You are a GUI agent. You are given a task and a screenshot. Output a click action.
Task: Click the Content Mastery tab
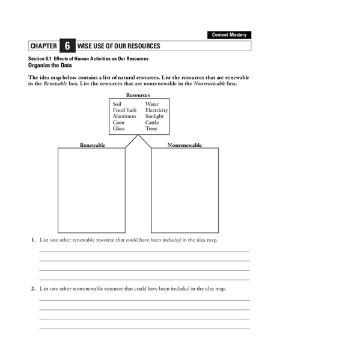230,35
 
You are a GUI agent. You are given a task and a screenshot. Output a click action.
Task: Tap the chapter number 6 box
67,46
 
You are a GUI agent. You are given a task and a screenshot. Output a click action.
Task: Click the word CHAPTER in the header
43,46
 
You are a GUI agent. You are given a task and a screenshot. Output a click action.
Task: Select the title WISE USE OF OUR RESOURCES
118,46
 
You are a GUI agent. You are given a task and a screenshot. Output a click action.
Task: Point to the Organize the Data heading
50,65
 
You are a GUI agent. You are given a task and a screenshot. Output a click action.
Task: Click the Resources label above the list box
138,95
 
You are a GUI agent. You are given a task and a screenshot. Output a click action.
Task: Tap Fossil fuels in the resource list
124,110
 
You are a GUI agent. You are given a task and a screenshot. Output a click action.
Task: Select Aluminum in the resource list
124,116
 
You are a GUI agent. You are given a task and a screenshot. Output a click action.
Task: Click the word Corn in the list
118,122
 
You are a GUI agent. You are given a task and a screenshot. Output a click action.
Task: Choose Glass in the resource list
118,128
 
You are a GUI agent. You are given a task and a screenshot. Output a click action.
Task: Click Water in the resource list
152,104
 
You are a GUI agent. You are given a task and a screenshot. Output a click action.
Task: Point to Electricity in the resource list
156,110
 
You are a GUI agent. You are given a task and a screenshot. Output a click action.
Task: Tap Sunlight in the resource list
154,116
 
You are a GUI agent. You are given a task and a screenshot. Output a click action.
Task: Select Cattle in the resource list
152,122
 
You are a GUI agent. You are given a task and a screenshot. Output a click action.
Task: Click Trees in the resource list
151,128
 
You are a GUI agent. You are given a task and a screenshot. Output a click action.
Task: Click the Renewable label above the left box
93,145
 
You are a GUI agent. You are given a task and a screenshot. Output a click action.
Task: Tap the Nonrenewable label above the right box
185,145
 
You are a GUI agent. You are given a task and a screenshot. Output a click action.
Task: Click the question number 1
33,240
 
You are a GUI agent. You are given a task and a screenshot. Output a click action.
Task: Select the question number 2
33,289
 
